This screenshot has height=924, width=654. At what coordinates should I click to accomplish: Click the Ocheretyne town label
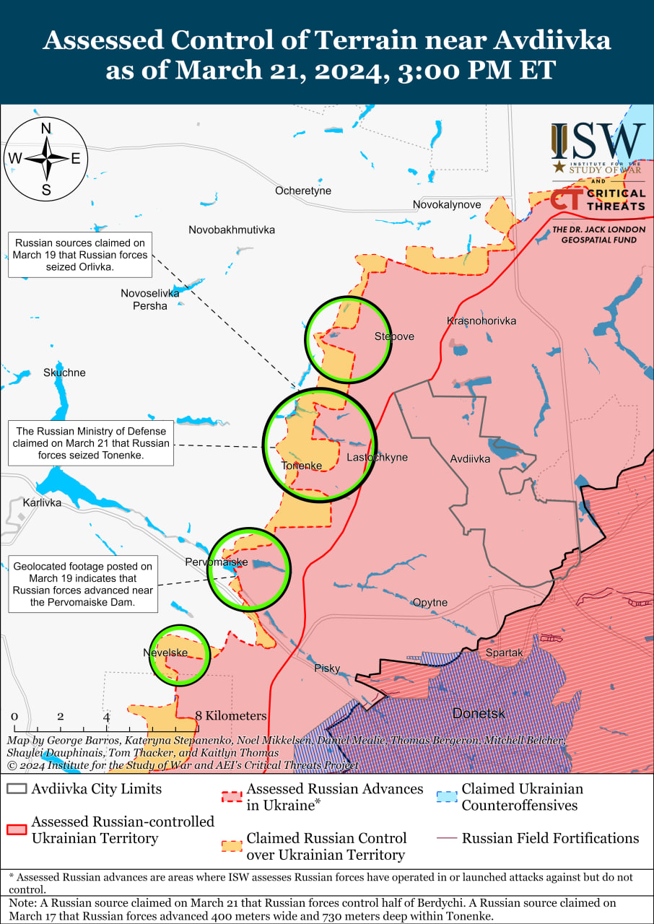[303, 191]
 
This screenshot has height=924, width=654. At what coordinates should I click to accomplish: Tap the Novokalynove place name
[447, 205]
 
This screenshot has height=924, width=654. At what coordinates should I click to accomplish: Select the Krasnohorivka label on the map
[481, 321]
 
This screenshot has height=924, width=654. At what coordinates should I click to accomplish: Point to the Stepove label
[394, 336]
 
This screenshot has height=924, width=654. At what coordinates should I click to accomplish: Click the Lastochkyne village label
[377, 458]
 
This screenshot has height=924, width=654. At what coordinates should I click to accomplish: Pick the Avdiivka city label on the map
[470, 458]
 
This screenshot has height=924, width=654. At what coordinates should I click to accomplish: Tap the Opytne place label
[430, 603]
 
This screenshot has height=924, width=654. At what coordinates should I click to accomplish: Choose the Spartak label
[504, 653]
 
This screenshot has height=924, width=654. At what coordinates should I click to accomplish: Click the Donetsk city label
[479, 713]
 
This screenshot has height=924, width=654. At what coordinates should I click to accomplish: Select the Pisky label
[327, 668]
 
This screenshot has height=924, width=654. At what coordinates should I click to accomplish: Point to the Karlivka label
[42, 502]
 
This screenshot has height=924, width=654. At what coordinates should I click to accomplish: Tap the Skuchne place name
[64, 372]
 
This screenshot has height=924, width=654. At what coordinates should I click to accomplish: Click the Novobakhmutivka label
[232, 230]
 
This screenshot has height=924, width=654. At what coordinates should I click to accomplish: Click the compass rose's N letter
[46, 128]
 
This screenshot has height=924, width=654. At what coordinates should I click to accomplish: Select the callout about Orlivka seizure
[80, 256]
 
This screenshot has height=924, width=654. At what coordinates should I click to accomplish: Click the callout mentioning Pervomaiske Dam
[83, 584]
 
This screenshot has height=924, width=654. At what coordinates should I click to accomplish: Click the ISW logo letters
[598, 141]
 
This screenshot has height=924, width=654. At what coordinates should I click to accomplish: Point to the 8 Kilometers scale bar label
[231, 716]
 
